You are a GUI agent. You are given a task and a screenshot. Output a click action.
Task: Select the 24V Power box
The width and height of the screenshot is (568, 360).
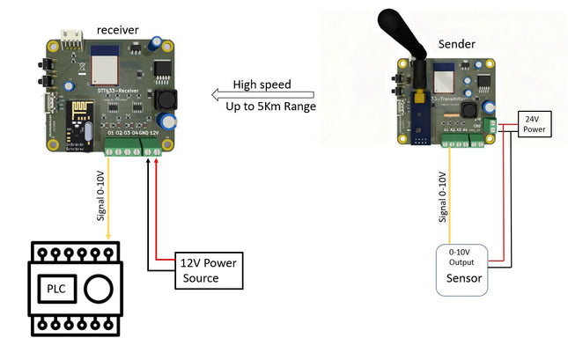(x=536, y=124)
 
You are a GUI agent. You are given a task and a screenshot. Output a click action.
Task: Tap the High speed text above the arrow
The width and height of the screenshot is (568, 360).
(x=262, y=84)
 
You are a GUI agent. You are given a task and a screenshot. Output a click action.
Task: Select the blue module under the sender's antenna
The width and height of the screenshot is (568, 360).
(x=417, y=118)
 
